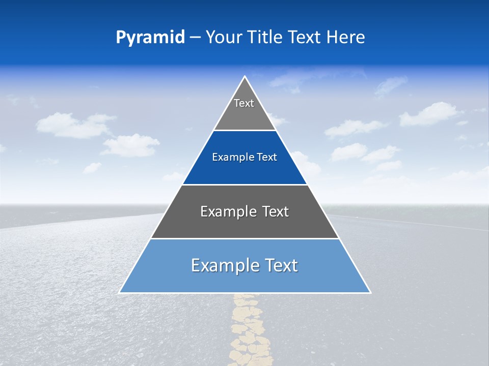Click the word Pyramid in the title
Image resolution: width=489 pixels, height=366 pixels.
click(150, 38)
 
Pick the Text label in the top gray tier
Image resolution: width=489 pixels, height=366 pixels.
click(244, 103)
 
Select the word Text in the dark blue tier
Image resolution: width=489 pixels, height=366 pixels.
click(267, 158)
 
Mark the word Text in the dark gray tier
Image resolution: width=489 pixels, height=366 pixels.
click(276, 211)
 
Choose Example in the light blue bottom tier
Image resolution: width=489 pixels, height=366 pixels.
click(223, 265)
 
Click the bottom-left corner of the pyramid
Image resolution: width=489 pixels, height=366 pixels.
click(120, 292)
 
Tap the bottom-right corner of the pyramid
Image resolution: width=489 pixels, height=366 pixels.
click(370, 292)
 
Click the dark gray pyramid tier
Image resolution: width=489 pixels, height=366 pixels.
click(245, 227)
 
